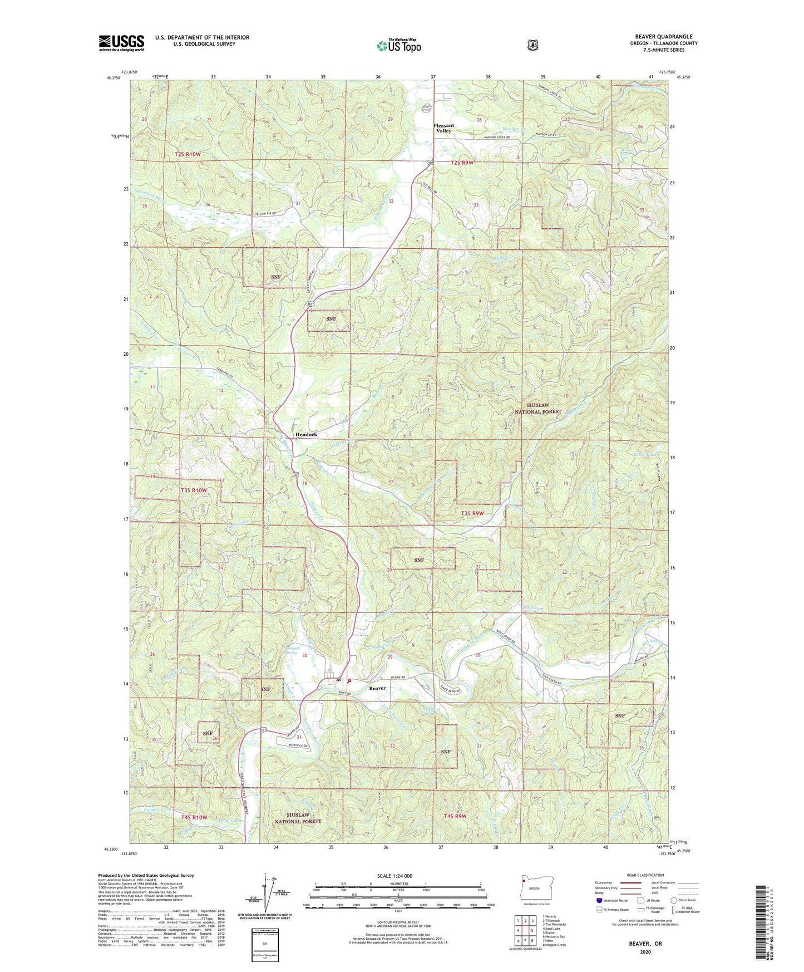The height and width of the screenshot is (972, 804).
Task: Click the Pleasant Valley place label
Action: [443, 128]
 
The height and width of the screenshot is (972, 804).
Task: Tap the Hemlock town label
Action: [306, 434]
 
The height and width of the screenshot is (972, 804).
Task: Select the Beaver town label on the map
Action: [377, 688]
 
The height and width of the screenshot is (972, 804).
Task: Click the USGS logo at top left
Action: [121, 43]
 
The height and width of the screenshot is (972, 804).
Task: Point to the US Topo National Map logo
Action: [398, 46]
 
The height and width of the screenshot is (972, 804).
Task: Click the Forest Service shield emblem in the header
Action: [532, 45]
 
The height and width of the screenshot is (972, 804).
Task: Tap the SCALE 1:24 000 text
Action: [394, 876]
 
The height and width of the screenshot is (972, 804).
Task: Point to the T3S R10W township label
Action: [194, 490]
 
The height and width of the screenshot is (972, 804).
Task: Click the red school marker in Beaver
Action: [349, 681]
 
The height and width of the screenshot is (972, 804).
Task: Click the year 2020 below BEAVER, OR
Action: [645, 951]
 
